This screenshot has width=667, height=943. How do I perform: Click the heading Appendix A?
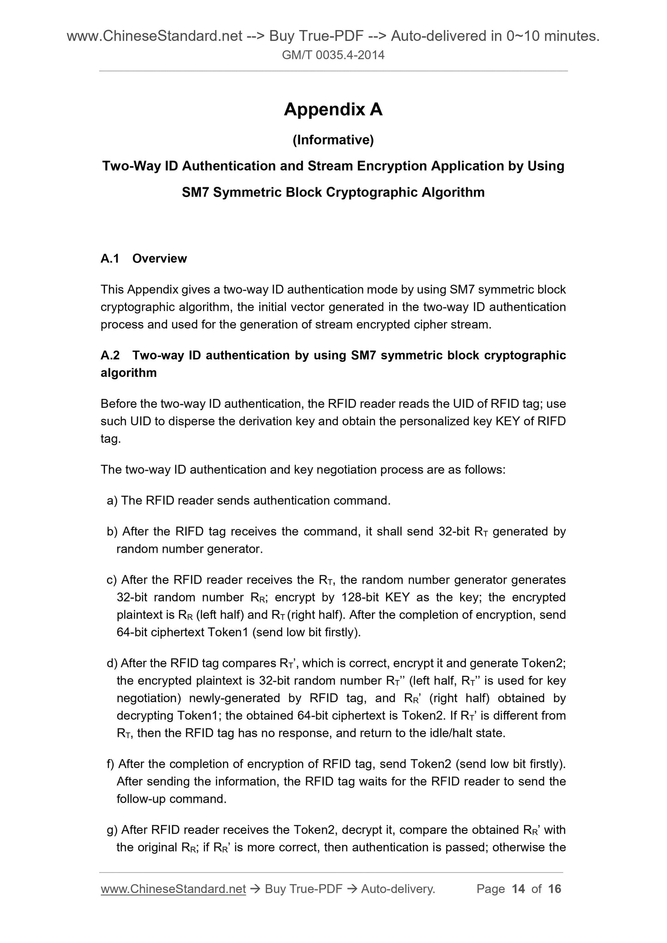click(x=333, y=109)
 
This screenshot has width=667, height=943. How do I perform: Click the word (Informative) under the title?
click(x=333, y=140)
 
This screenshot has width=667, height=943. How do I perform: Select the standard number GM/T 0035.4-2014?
click(x=333, y=56)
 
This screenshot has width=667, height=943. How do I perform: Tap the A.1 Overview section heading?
click(x=144, y=258)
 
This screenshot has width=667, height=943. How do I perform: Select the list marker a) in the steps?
click(x=112, y=501)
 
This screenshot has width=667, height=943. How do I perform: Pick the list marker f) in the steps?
click(x=111, y=764)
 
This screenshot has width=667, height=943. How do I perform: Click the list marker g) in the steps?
click(x=112, y=830)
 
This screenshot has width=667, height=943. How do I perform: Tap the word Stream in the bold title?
click(x=331, y=166)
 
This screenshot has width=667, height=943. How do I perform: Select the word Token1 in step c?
click(x=228, y=633)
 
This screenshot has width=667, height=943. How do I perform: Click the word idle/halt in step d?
click(x=443, y=733)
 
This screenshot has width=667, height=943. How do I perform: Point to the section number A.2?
click(x=110, y=355)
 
